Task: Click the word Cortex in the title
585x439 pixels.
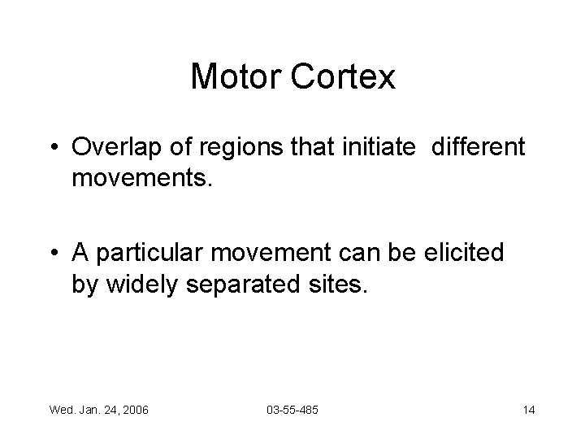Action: [x=346, y=77]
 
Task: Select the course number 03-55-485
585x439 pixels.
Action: [x=292, y=409]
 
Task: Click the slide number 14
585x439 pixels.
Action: [x=528, y=409]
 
